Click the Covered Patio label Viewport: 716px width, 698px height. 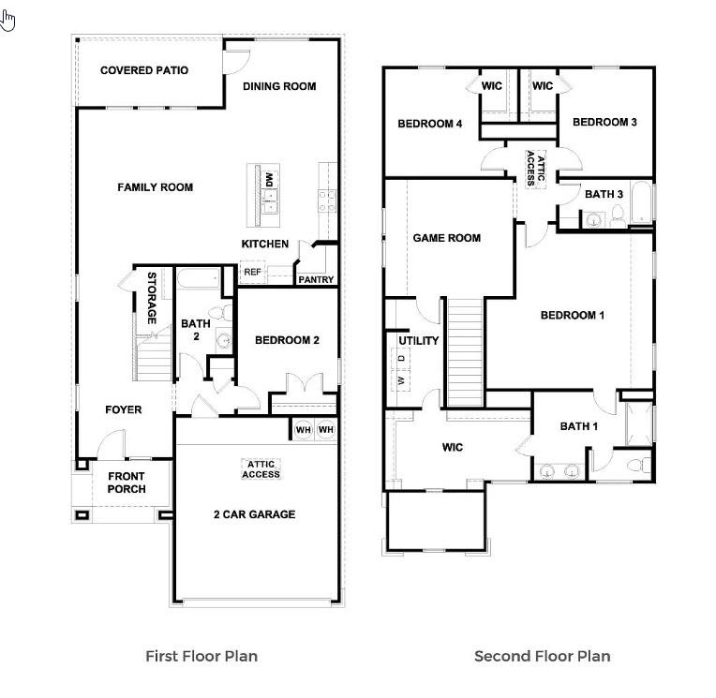point(144,70)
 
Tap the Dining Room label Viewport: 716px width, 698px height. point(279,86)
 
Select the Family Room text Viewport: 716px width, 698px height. point(155,187)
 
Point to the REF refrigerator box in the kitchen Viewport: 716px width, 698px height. point(252,273)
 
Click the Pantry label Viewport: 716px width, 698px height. point(316,279)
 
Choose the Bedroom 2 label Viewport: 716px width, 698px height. point(288,340)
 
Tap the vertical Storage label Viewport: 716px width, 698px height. point(151,298)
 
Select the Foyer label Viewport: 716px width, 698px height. point(123,409)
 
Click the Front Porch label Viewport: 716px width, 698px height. point(126,483)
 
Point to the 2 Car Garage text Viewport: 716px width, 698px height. point(254,514)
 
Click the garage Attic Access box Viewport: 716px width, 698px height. point(261,468)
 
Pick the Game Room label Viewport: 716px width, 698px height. point(447,238)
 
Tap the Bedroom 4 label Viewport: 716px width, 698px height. point(430,123)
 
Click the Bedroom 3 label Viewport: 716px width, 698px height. point(604,122)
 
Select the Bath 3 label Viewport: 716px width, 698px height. point(604,194)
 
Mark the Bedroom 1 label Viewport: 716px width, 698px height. point(573,315)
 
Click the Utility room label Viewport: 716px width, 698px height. point(419,340)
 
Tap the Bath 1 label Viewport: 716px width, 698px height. point(579,426)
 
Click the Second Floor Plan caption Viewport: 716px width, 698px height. point(542,656)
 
